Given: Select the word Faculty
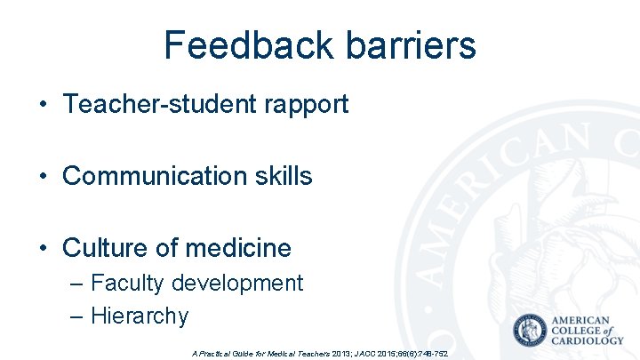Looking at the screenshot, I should click(x=127, y=284).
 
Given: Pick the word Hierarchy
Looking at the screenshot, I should click(x=140, y=316).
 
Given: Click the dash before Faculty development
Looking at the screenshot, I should click(x=76, y=284).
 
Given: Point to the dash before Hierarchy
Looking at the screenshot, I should click(x=76, y=316).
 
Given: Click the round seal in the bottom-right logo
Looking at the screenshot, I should click(x=531, y=331).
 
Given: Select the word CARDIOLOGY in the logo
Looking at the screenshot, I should click(x=588, y=340).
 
